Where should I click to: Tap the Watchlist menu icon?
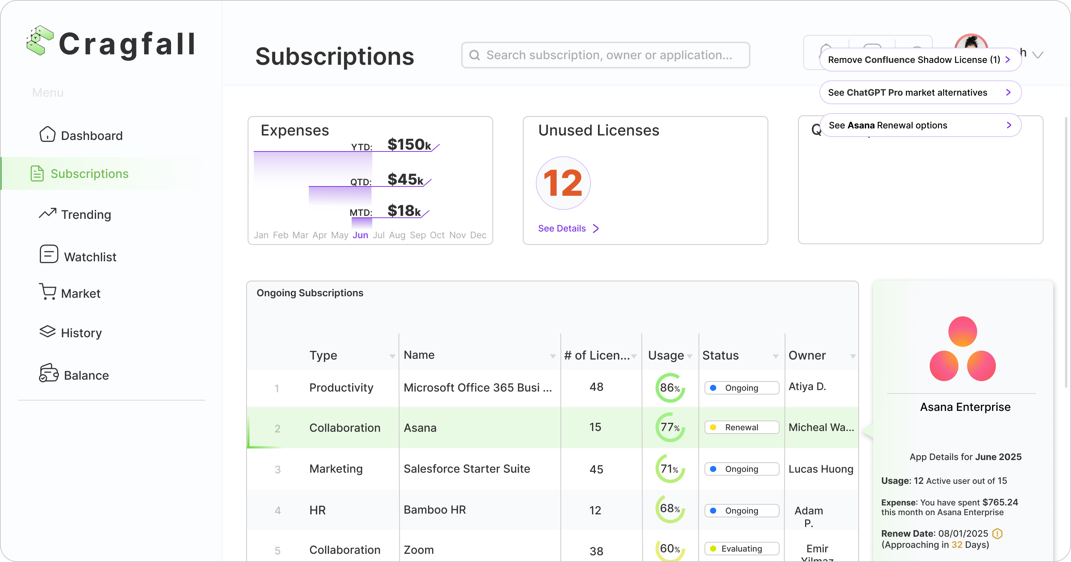(x=49, y=254)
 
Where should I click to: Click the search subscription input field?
(x=605, y=55)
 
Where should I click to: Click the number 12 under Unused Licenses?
(x=563, y=183)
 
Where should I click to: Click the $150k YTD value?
(x=409, y=144)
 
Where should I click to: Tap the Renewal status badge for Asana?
(x=741, y=427)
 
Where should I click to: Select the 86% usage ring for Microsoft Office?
(x=670, y=388)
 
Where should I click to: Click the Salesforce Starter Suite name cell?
(x=466, y=469)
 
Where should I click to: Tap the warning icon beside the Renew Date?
(x=997, y=533)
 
